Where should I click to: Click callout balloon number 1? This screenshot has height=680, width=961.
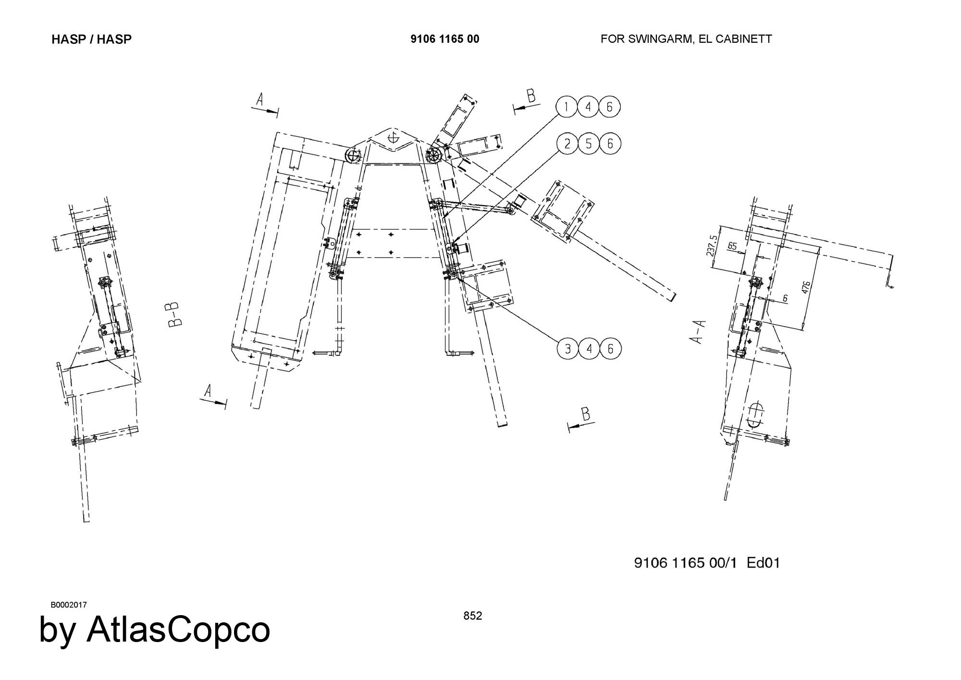tap(567, 107)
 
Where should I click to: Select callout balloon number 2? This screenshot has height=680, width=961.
tap(567, 144)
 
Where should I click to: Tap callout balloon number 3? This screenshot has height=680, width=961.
tap(567, 348)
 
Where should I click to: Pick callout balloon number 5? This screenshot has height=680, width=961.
tap(589, 144)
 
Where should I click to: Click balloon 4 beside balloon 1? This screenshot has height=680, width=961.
tap(589, 107)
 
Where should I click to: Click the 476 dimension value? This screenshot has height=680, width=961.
tap(806, 287)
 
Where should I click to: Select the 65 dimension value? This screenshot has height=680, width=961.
tap(732, 246)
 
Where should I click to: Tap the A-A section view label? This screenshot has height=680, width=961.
tap(697, 332)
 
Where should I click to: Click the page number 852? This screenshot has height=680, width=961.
tap(472, 616)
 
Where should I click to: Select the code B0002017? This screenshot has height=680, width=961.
tap(68, 605)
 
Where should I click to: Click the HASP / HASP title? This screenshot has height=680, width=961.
tap(91, 39)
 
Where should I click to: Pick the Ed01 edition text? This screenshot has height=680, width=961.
tap(763, 562)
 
